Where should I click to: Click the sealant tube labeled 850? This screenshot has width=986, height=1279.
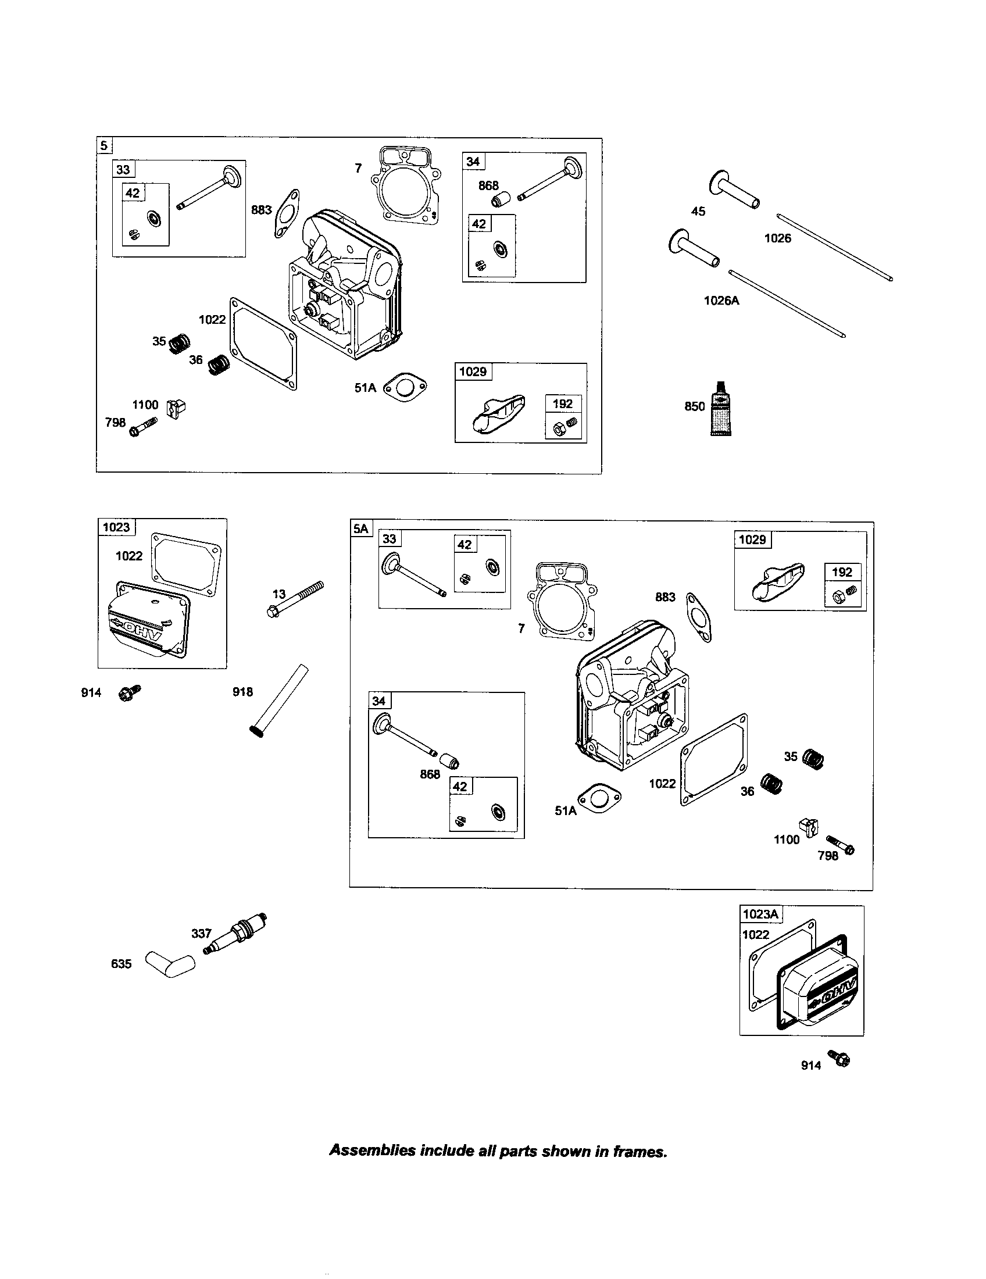[x=719, y=406]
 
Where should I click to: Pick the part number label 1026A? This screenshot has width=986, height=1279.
[x=721, y=301]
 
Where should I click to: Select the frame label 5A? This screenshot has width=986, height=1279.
[x=360, y=529]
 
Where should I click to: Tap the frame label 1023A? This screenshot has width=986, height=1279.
[x=761, y=914]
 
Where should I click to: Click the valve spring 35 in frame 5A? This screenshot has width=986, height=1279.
[x=812, y=758]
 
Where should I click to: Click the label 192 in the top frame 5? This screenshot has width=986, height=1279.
[x=563, y=403]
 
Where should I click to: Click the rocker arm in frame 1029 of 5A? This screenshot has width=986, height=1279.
[x=778, y=582]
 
